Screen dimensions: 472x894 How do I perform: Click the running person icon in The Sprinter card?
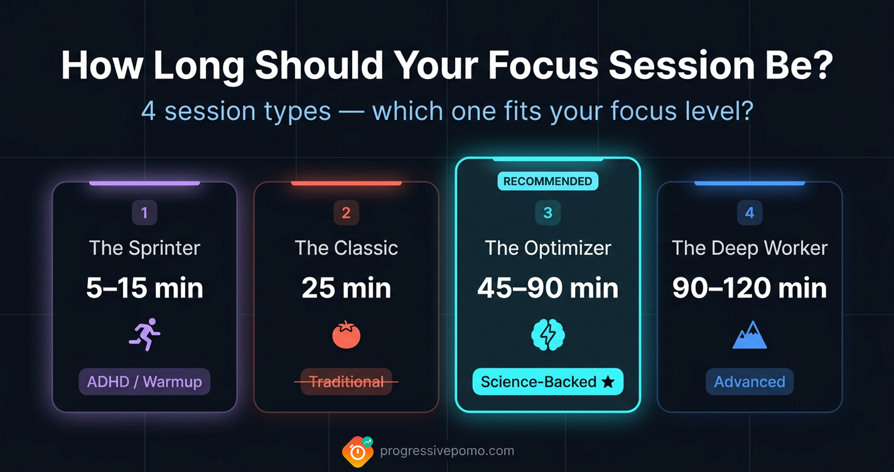144,335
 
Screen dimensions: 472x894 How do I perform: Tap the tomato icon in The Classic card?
346,335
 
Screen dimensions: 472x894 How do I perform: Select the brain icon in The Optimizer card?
547,335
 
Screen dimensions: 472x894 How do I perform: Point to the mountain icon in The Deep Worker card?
750,335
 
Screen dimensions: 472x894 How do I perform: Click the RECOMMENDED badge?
547,181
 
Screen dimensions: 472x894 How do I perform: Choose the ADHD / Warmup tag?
144,382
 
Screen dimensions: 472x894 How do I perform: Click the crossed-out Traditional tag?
346,382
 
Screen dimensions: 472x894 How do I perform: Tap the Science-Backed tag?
547,382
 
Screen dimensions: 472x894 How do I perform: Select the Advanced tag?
750,382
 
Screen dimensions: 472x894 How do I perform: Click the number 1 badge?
144,213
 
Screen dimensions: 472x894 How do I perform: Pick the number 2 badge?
346,213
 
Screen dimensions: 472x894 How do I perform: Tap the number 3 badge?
547,213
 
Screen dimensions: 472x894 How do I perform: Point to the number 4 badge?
750,213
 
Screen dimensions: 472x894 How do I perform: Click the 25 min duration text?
346,288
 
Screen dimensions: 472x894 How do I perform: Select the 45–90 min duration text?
547,288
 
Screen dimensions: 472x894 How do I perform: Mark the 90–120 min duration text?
750,288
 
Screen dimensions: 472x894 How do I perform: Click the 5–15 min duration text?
144,288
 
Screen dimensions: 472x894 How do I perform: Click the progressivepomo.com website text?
447,451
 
